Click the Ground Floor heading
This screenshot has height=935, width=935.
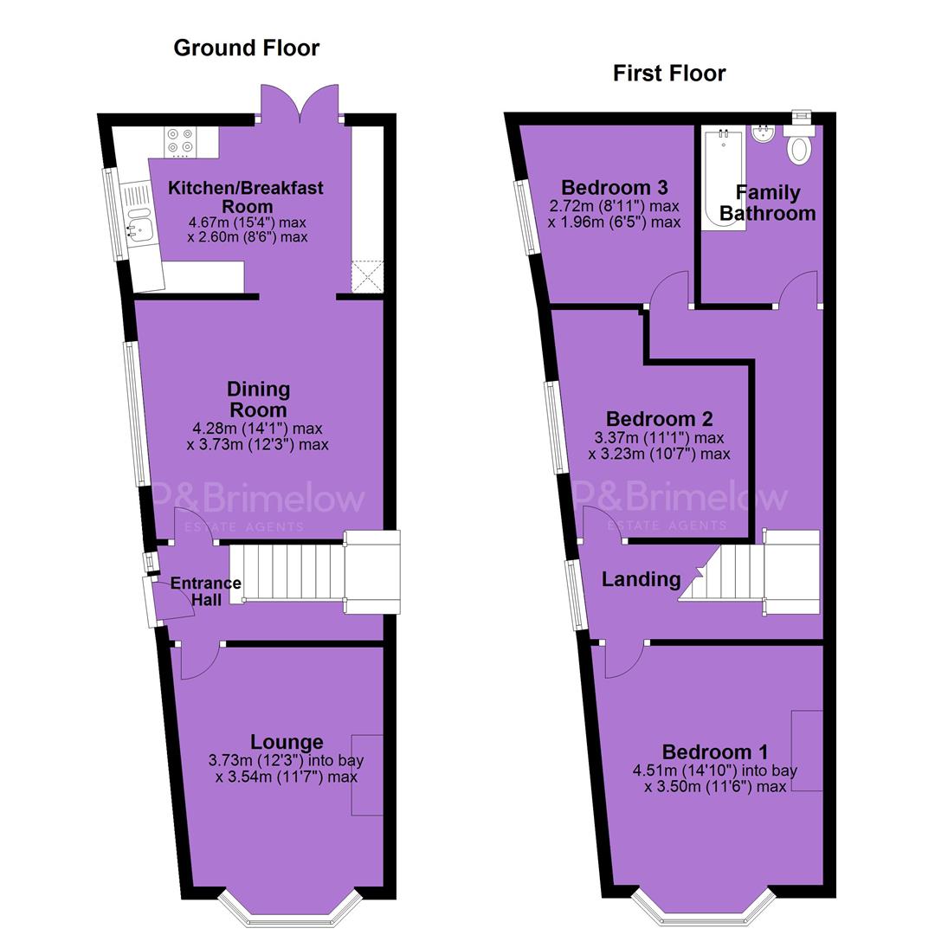tap(246, 48)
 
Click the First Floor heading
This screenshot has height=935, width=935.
tap(669, 74)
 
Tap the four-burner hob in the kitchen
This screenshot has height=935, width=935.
tap(180, 142)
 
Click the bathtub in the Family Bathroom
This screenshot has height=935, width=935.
tap(723, 177)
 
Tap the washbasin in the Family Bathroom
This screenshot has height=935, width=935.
tap(763, 135)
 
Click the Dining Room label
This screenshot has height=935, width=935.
tap(258, 399)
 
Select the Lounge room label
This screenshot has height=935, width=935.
tap(287, 742)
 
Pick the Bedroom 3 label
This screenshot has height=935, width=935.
tap(614, 187)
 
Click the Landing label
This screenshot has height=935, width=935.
tap(641, 579)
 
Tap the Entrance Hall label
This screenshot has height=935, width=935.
tap(206, 591)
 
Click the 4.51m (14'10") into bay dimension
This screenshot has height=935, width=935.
tap(715, 771)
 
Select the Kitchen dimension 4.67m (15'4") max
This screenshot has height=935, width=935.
tap(248, 222)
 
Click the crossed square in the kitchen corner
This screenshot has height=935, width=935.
tap(367, 276)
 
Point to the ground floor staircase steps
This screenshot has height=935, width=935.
tap(287, 573)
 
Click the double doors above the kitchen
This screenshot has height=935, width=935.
tap(300, 101)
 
